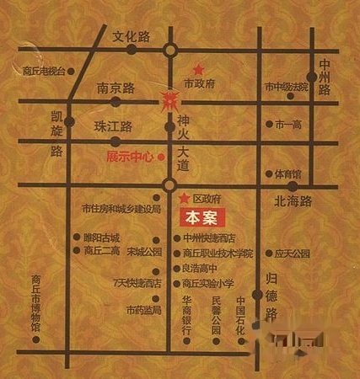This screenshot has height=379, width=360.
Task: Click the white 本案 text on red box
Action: coord(201,217)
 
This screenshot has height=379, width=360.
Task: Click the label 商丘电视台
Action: coord(44,71)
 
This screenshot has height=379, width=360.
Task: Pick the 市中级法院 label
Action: coord(287,87)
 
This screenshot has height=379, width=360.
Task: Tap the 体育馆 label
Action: coord(287,174)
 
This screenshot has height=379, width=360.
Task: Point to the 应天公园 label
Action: coord(293,252)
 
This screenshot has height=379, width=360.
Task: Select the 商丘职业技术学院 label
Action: coord(218,253)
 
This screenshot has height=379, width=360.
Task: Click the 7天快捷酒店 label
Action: coord(137,285)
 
